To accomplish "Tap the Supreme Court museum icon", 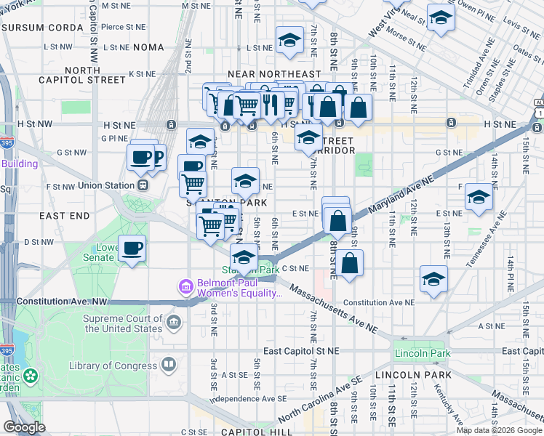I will tap(174, 322).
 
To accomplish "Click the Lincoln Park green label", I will tap(422, 354).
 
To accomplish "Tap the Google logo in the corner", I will tap(25, 427).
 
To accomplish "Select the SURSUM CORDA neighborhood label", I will tap(36, 28).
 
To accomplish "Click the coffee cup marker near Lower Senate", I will tap(132, 249).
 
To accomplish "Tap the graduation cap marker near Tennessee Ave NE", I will tap(478, 198).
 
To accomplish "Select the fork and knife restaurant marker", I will tap(268, 103).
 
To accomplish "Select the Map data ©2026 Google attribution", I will tap(499, 430).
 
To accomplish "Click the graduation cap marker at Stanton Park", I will tap(244, 257).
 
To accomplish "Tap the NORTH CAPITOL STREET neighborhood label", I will tap(81, 75).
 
